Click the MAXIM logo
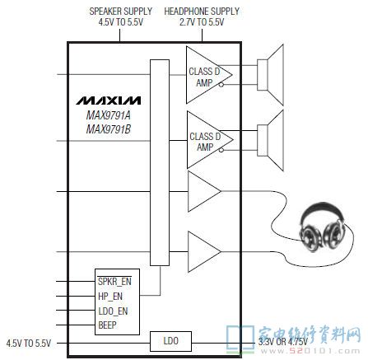109,101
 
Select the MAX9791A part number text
109,115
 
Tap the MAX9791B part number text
109,129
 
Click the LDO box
170,341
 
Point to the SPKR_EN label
114,282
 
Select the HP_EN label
110,297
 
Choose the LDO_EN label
113,311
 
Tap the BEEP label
107,325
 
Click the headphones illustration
322,227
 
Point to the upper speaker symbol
270,75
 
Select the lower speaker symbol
270,140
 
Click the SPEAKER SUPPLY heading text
121,16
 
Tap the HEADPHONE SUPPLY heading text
202,16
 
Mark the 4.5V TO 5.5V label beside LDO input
29,344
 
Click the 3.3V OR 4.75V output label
283,342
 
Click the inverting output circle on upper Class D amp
221,85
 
